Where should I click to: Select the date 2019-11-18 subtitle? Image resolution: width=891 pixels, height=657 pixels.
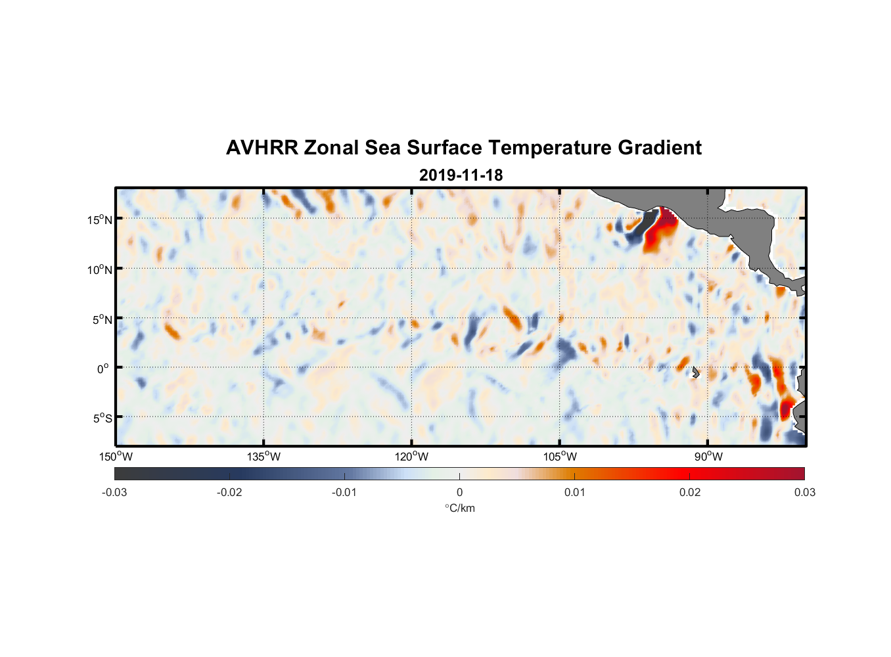pyautogui.click(x=461, y=175)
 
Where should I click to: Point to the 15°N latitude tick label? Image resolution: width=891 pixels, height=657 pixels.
pyautogui.click(x=100, y=219)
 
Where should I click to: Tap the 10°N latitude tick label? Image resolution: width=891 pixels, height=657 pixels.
pyautogui.click(x=100, y=269)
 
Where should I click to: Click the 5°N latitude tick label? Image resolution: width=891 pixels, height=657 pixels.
pyautogui.click(x=101, y=319)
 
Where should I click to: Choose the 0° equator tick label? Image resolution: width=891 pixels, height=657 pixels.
pyautogui.click(x=103, y=369)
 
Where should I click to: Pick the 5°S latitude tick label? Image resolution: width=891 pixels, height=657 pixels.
pyautogui.click(x=101, y=419)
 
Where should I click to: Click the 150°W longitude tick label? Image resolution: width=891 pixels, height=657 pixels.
pyautogui.click(x=116, y=457)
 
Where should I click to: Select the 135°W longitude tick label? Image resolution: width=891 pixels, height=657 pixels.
pyautogui.click(x=263, y=457)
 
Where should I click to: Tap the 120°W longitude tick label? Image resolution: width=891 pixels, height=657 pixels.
pyautogui.click(x=411, y=457)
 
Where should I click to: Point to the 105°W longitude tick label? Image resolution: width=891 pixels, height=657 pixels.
pyautogui.click(x=560, y=457)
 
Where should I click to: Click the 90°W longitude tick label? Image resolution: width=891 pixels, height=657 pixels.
pyautogui.click(x=708, y=457)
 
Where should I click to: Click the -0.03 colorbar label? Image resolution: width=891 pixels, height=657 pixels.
pyautogui.click(x=114, y=492)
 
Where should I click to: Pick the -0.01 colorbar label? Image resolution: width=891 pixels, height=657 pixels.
pyautogui.click(x=344, y=492)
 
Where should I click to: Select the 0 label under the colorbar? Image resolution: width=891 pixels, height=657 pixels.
pyautogui.click(x=459, y=492)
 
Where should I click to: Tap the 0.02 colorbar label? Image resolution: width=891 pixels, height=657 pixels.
pyautogui.click(x=690, y=492)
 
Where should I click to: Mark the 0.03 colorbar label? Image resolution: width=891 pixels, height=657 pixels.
pyautogui.click(x=804, y=492)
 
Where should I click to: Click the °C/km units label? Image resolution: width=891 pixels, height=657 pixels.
pyautogui.click(x=459, y=508)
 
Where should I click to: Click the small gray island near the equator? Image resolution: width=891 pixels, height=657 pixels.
pyautogui.click(x=695, y=372)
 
